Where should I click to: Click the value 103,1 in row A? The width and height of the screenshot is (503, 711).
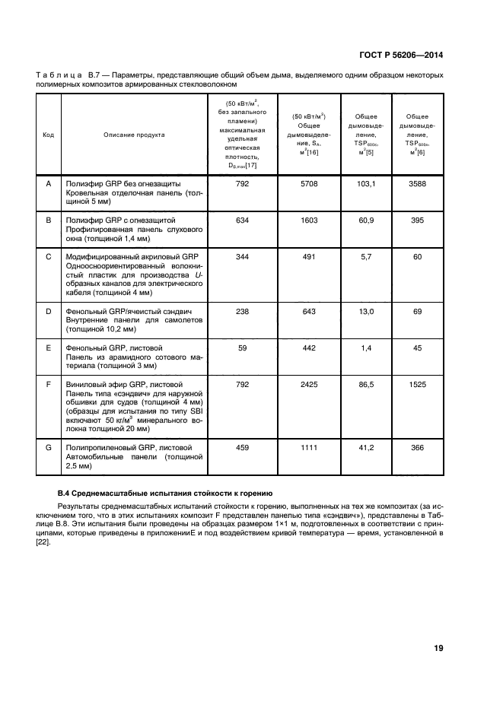(x=368, y=184)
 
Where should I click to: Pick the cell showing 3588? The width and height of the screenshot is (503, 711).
(x=416, y=184)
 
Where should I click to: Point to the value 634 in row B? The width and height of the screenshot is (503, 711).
(x=243, y=220)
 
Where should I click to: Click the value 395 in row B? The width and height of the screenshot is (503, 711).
(x=416, y=220)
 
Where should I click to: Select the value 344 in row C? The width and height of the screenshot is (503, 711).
(x=243, y=256)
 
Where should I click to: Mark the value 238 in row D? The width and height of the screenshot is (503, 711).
(x=243, y=312)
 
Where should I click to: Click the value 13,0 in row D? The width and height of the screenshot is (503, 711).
(x=368, y=312)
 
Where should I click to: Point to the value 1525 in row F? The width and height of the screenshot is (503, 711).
(x=416, y=385)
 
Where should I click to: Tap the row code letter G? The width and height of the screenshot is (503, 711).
(x=49, y=448)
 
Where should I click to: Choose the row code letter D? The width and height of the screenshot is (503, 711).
(x=49, y=312)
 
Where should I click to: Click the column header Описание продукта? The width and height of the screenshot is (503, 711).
(x=134, y=135)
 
